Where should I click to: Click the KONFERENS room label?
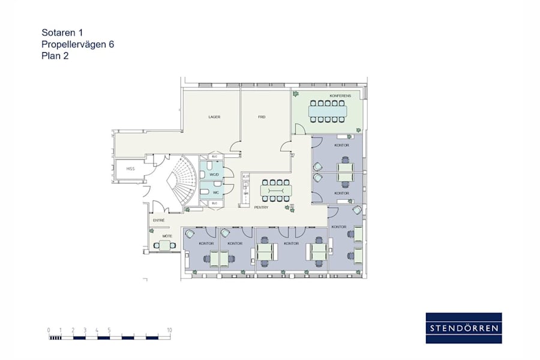(x=340, y=96)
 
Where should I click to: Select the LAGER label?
(x=214, y=117)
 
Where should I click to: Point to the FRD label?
(x=262, y=117)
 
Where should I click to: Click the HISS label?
(x=130, y=169)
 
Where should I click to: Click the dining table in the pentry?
(x=276, y=191)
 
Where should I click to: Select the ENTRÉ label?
(x=159, y=220)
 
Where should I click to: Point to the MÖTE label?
(x=167, y=236)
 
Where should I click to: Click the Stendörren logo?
(x=464, y=328)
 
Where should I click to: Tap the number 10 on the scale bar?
(x=170, y=330)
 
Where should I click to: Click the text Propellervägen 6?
(x=77, y=44)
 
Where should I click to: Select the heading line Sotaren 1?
(x=62, y=33)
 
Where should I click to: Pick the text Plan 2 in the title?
(x=55, y=56)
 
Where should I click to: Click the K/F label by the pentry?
(x=245, y=176)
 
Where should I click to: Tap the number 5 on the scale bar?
(x=109, y=330)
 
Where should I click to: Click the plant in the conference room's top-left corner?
(x=295, y=94)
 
